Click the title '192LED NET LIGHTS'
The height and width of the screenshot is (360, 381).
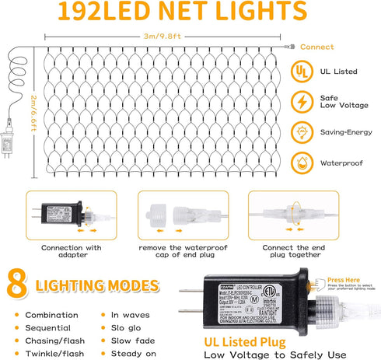[190, 11]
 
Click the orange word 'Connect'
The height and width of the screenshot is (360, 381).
[316, 47]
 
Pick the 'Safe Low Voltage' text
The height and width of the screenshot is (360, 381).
[339, 102]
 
